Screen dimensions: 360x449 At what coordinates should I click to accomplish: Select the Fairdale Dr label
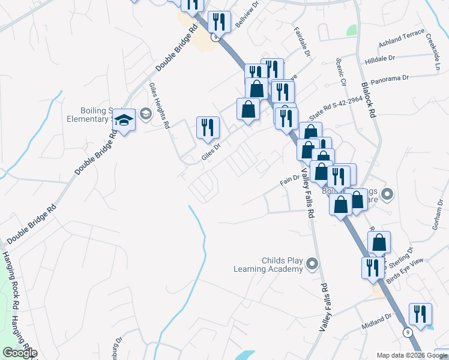[301, 42]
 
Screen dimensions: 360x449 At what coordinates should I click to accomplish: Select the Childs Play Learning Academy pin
[312, 263]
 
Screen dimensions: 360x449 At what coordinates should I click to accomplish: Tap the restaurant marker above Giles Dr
[208, 128]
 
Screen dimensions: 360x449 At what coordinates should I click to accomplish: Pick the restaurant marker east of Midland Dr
[420, 314]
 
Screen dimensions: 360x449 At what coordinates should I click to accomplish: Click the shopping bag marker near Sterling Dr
[379, 244]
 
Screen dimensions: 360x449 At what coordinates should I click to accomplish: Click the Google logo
[20, 353]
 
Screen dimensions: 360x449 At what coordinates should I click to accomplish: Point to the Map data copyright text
[411, 355]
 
